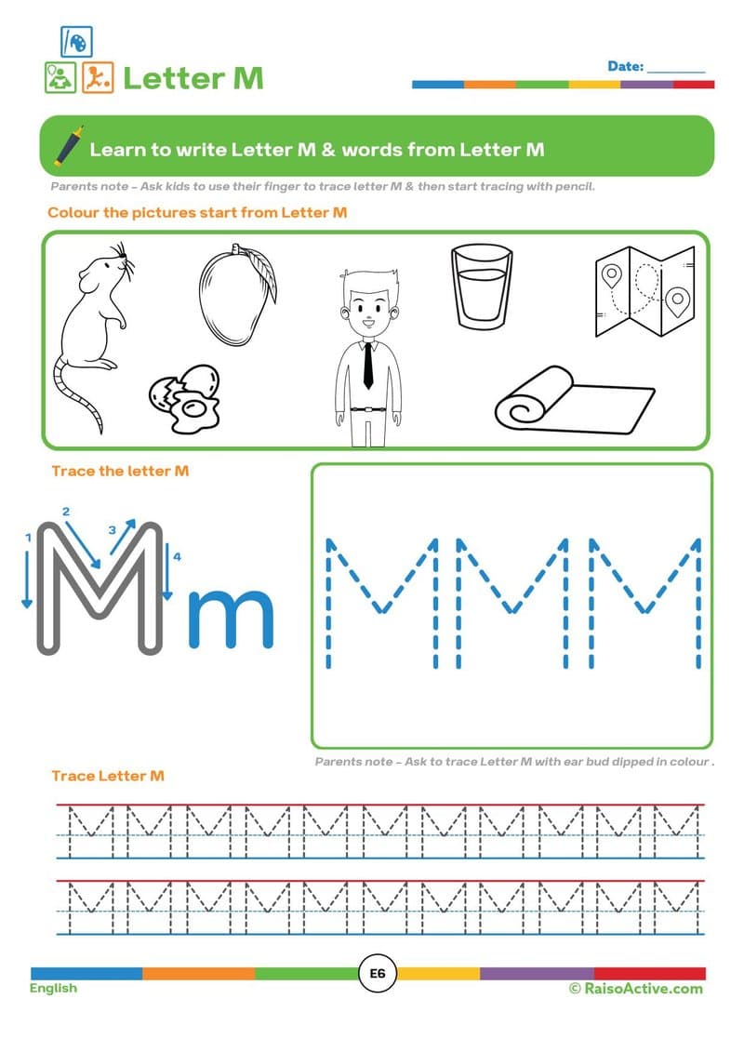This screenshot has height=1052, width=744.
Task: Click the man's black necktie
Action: click(368, 365)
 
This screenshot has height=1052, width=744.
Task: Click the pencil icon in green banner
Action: click(66, 147)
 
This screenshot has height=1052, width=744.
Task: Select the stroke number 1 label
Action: click(29, 539)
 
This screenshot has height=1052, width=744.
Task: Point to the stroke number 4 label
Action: click(176, 556)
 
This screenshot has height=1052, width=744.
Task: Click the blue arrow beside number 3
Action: click(123, 537)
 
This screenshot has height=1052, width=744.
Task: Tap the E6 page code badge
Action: click(378, 973)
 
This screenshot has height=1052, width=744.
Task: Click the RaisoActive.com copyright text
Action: click(636, 988)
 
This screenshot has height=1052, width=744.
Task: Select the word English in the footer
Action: click(53, 988)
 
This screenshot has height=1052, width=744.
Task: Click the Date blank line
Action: click(676, 69)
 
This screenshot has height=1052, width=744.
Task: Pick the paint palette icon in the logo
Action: click(76, 41)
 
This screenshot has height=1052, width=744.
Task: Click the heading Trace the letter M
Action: click(120, 471)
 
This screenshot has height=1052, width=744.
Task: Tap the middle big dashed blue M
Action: click(512, 601)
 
